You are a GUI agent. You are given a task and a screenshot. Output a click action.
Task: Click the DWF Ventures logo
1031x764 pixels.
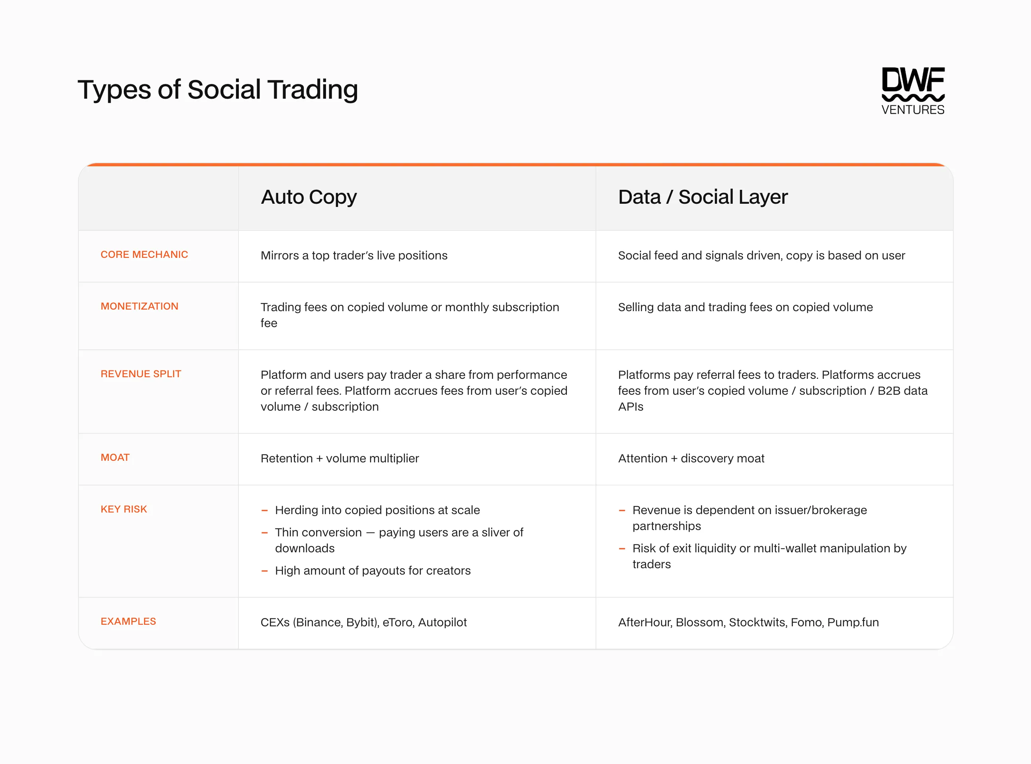(913, 91)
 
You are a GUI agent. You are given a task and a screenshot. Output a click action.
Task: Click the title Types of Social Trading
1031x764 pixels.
(217, 89)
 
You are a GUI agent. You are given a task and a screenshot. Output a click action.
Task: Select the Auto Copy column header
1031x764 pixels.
(309, 197)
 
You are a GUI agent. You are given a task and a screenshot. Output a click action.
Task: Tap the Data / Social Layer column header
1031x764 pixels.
(703, 197)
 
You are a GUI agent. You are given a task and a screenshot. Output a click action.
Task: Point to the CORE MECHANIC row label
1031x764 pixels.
(144, 254)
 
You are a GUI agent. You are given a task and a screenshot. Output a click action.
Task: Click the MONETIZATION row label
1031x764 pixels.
(139, 306)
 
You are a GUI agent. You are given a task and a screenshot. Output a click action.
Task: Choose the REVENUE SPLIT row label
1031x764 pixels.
(141, 374)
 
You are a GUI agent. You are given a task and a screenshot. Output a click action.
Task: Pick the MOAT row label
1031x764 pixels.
(115, 457)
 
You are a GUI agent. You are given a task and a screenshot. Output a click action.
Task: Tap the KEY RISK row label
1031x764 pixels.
(123, 509)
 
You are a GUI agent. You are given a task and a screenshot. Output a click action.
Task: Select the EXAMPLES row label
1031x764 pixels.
(128, 621)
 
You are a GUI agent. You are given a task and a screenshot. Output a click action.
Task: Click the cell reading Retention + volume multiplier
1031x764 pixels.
(340, 458)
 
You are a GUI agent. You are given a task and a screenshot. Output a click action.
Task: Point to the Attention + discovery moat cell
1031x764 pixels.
(691, 458)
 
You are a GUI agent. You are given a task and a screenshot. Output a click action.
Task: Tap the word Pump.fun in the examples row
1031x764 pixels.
(853, 622)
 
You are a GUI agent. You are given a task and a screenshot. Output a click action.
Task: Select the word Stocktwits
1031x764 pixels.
(758, 622)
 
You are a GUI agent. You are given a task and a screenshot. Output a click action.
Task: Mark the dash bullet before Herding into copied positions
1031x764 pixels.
(265, 511)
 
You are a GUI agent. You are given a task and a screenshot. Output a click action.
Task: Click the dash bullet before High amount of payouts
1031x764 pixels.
(265, 571)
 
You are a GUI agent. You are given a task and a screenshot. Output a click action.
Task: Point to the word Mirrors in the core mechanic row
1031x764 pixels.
(279, 255)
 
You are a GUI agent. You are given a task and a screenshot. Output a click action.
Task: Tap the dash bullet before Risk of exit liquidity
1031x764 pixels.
(622, 549)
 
